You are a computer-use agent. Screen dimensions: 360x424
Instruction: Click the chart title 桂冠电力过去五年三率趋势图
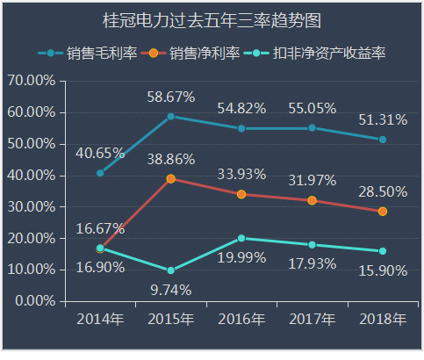pyautogui.click(x=212, y=19)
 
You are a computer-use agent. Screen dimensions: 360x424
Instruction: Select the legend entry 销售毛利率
pyautogui.click(x=101, y=54)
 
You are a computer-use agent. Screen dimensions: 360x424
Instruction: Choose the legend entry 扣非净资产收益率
pyautogui.click(x=328, y=54)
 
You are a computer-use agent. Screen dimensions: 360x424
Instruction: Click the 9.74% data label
pyautogui.click(x=171, y=289)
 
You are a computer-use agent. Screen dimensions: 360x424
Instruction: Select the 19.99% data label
pyautogui.click(x=241, y=257)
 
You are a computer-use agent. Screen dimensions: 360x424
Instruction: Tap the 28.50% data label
pyautogui.click(x=383, y=191)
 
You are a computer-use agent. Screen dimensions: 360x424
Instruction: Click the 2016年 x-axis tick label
pyautogui.click(x=241, y=318)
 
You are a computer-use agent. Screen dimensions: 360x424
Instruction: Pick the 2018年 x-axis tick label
pyautogui.click(x=383, y=318)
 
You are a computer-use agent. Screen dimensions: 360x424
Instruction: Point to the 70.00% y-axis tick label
pyautogui.click(x=31, y=81)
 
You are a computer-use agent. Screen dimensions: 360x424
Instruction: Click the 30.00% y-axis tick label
pyautogui.click(x=31, y=206)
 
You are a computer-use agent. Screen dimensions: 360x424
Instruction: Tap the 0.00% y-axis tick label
pyautogui.click(x=34, y=301)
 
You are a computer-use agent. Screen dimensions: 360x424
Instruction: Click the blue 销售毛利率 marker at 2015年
pyautogui.click(x=171, y=116)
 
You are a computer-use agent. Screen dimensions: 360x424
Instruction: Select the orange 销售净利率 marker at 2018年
pyautogui.click(x=383, y=212)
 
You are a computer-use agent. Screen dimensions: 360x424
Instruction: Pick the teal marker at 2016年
pyautogui.click(x=241, y=238)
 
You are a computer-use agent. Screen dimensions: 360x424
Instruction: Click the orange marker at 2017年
pyautogui.click(x=313, y=200)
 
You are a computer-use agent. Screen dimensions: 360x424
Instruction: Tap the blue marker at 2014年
pyautogui.click(x=100, y=173)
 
